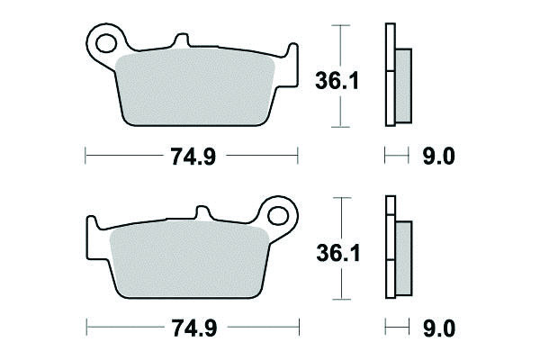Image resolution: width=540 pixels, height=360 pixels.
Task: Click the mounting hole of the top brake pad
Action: [106, 43]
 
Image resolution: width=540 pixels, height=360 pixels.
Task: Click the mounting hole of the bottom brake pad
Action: [277, 216]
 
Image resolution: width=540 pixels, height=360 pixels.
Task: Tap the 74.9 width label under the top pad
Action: [193, 157]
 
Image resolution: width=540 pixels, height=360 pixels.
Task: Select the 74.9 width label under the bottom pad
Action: [194, 328]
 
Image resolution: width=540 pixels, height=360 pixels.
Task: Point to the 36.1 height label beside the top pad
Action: [337, 81]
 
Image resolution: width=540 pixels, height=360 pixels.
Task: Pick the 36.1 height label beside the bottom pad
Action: [338, 253]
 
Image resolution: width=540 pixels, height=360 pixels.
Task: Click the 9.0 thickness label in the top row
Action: [439, 157]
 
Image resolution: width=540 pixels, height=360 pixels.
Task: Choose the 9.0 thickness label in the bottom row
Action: [439, 328]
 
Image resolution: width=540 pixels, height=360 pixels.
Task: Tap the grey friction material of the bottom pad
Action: [189, 260]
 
